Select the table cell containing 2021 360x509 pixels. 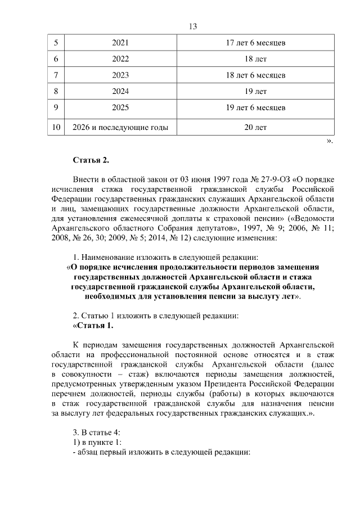tap(120, 43)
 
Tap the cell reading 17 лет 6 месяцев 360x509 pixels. tap(255, 43)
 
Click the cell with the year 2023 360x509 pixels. tap(120, 75)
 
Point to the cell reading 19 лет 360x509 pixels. tap(255, 91)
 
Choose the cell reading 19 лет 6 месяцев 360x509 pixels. tap(255, 107)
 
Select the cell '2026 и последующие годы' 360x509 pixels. tap(120, 128)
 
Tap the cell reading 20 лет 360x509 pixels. tap(255, 128)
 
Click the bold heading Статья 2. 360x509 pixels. tap(91, 161)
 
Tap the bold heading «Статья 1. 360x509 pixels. tap(93, 325)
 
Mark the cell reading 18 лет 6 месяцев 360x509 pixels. tap(255, 75)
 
